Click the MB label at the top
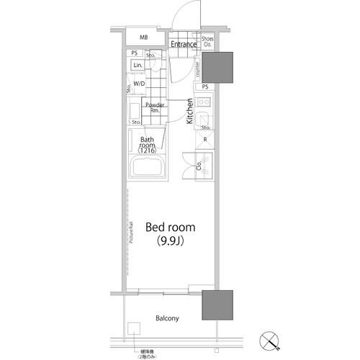[144, 37]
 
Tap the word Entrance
[184, 45]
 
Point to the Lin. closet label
[137, 66]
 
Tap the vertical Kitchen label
[190, 112]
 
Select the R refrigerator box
[205, 139]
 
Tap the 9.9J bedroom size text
[171, 241]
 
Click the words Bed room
[171, 226]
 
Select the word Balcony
[166, 318]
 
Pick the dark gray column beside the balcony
[217, 305]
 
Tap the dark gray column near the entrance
[217, 68]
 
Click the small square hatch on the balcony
[134, 330]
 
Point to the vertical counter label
[197, 68]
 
